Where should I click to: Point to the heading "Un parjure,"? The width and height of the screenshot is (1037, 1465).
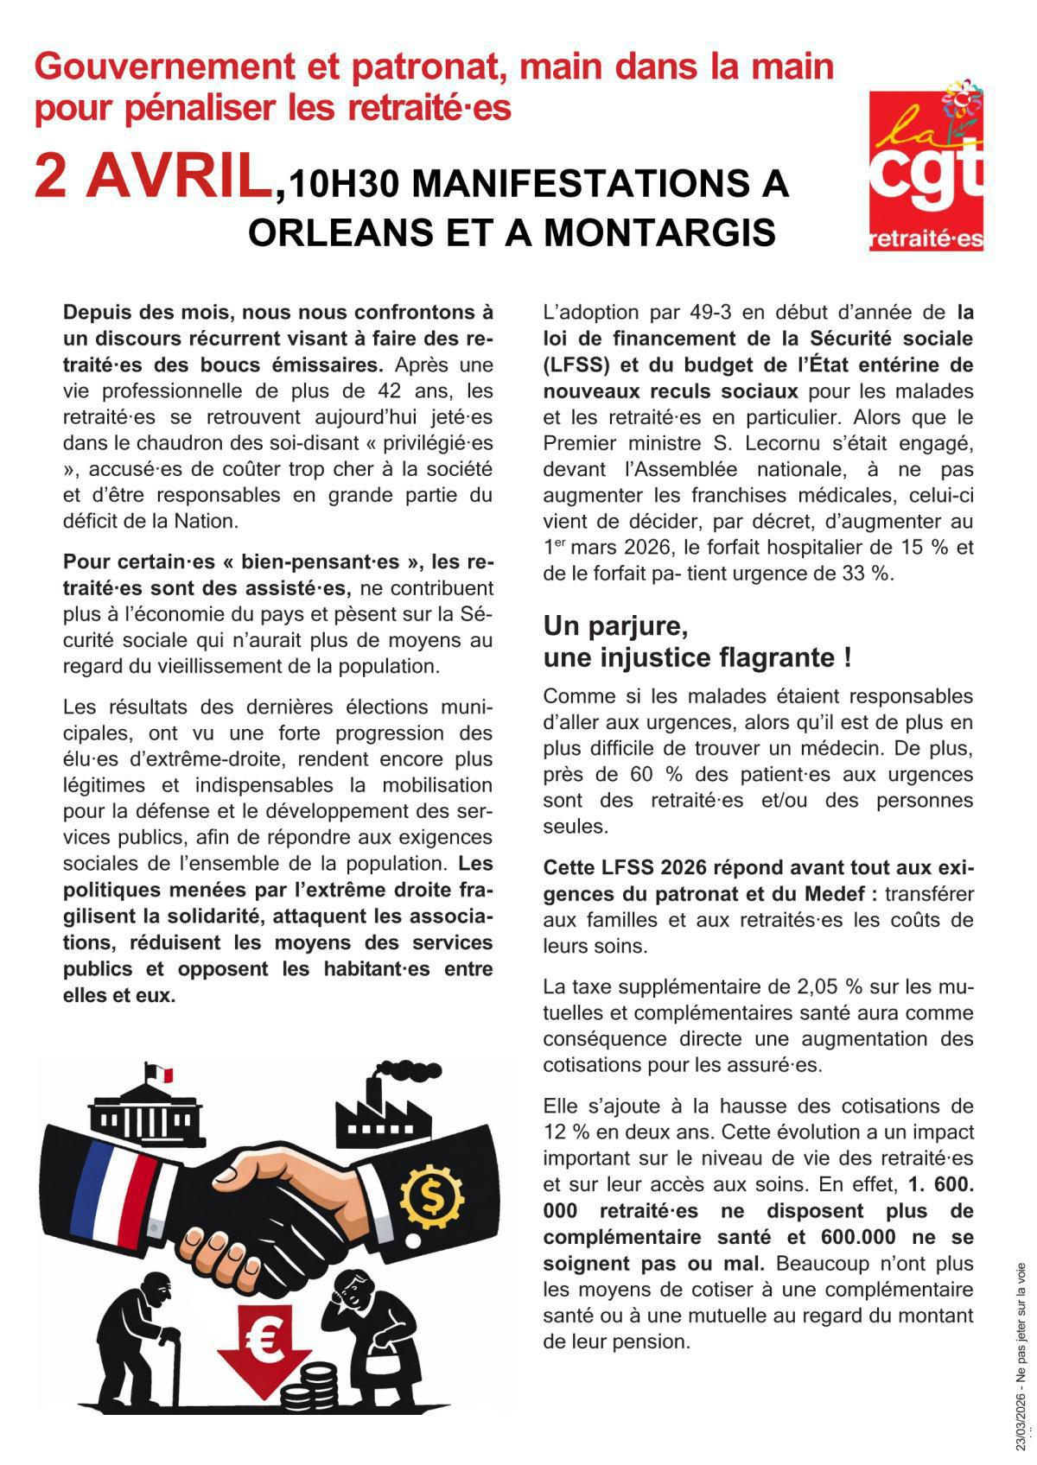615,624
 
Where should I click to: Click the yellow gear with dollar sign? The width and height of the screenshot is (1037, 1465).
432,1195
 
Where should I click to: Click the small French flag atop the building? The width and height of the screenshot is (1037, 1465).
160,1074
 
